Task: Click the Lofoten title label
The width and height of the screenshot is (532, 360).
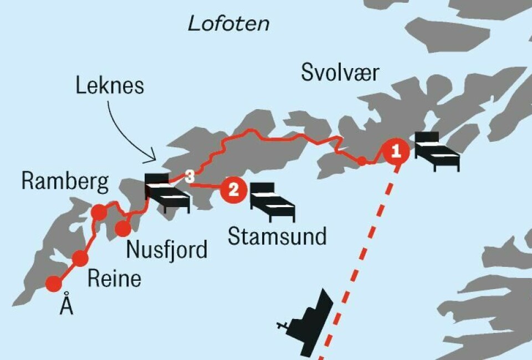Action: [x=229, y=23]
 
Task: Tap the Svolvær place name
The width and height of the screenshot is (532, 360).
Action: [x=340, y=73]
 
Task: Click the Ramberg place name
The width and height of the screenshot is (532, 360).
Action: [x=65, y=182]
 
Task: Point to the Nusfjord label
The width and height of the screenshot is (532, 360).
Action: [x=167, y=249]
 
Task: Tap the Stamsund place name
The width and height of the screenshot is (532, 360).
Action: [x=277, y=236]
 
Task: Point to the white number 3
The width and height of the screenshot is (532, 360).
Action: [x=190, y=177]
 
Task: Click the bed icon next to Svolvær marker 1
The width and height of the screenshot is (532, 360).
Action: [x=437, y=151]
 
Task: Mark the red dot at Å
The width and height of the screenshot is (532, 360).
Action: [x=54, y=284]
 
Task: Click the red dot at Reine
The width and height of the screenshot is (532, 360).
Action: [x=80, y=258]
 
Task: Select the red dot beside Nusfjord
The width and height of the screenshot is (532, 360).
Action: [x=122, y=228]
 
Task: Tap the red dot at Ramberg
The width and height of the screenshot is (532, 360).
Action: [x=99, y=212]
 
